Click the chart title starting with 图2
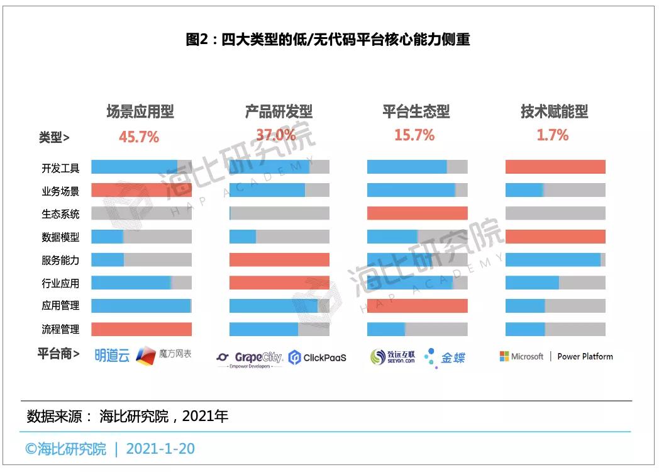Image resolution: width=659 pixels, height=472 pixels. (x=328, y=40)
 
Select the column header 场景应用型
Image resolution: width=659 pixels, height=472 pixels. (x=140, y=112)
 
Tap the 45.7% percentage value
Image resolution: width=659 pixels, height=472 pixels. (x=139, y=137)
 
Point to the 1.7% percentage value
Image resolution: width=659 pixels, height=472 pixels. (x=553, y=135)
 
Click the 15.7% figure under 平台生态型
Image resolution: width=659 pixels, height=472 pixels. (x=414, y=135)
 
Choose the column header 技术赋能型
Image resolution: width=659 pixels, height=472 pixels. (x=554, y=112)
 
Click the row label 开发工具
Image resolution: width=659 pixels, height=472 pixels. (x=60, y=168)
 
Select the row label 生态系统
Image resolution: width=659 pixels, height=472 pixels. (x=60, y=214)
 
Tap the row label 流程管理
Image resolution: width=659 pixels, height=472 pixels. (x=60, y=329)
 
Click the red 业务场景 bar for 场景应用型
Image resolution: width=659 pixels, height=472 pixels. (x=141, y=190)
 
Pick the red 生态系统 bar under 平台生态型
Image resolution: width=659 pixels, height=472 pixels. (x=417, y=213)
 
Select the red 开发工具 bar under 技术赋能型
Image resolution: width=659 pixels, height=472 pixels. (x=555, y=167)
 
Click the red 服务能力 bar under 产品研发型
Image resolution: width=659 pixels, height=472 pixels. (x=279, y=259)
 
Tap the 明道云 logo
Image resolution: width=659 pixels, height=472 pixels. (x=112, y=356)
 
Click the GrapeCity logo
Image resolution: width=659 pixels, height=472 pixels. (x=250, y=358)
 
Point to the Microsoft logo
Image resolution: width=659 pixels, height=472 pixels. (x=521, y=356)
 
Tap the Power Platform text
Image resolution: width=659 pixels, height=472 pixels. (x=585, y=356)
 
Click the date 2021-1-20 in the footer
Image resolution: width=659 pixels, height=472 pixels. (x=160, y=449)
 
